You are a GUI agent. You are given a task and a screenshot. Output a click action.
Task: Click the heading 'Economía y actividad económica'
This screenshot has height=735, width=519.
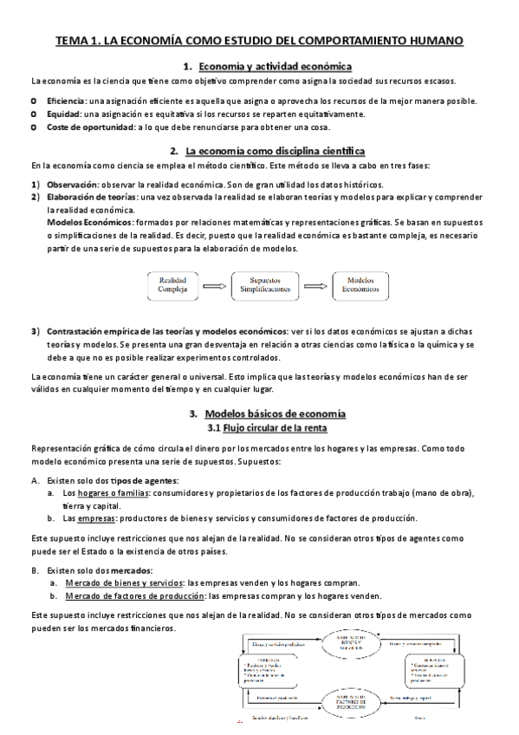click(x=275, y=66)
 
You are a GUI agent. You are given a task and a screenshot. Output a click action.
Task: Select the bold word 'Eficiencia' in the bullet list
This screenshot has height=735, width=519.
click(x=67, y=101)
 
